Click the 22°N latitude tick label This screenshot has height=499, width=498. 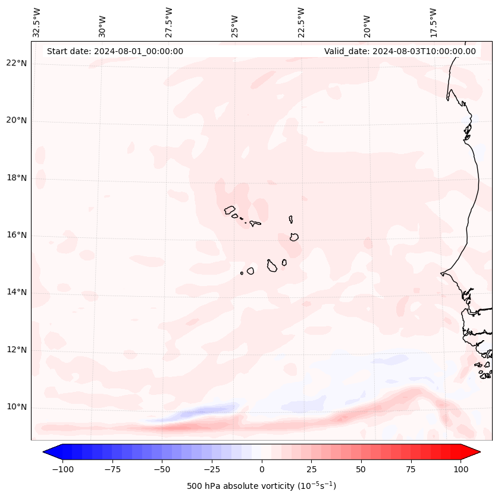16,63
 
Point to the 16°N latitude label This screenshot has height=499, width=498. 16,235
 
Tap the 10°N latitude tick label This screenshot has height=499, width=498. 16,407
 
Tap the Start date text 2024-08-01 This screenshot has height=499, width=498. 115,51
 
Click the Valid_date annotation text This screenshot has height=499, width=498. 400,51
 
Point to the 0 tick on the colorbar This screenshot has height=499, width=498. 262,469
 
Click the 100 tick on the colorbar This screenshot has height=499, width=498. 461,469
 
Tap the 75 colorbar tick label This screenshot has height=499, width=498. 411,469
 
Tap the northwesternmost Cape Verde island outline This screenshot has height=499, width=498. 230,210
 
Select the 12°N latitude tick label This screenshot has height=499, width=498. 16,350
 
